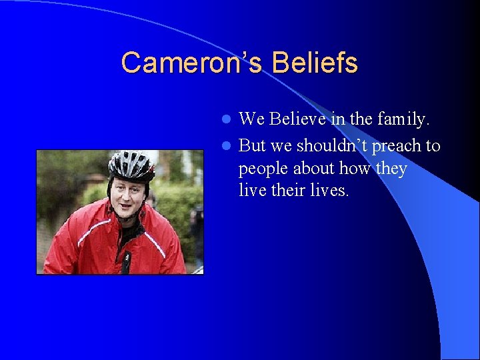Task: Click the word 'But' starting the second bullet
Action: [252, 145]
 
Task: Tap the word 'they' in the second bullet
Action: [391, 168]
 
